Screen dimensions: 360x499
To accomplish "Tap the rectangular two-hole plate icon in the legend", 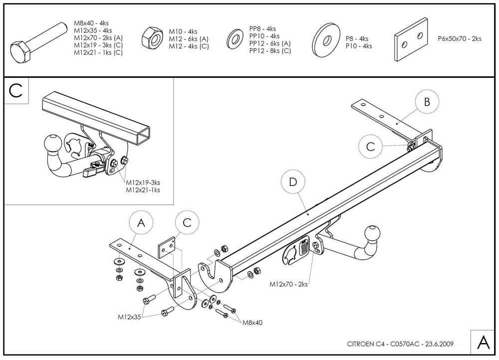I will (x=412, y=40).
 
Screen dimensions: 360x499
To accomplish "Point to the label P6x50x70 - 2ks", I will (x=460, y=38).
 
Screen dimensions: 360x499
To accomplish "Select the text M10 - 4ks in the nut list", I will (x=184, y=31).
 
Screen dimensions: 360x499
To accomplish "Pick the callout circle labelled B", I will (x=427, y=102).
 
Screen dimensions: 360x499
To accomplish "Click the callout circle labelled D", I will (x=293, y=182).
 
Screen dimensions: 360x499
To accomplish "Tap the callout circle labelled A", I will (x=141, y=224).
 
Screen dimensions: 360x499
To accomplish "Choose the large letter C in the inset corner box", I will (x=16, y=91).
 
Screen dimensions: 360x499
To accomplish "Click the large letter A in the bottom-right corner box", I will (x=483, y=343).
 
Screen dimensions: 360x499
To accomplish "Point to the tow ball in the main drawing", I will (x=372, y=234).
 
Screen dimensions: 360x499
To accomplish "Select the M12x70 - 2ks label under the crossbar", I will (x=288, y=284).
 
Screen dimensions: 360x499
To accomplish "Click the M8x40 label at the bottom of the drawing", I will (x=252, y=323).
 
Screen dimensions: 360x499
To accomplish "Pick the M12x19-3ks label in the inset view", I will (x=146, y=182).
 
